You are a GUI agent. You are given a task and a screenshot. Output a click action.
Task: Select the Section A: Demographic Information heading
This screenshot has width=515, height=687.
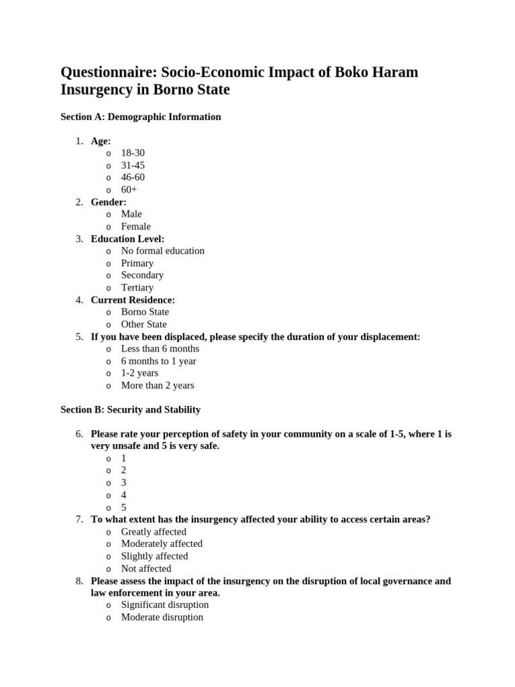[x=140, y=117]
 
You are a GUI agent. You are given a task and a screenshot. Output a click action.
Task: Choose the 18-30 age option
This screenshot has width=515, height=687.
[x=133, y=153]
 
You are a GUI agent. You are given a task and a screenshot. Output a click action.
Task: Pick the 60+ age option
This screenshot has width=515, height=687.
[x=129, y=190]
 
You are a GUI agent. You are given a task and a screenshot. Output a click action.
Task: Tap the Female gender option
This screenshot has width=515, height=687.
[x=135, y=227]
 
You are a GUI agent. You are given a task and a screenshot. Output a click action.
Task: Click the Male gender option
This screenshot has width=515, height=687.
[x=131, y=214]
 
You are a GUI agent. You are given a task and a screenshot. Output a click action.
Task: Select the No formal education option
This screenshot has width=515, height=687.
[x=162, y=251]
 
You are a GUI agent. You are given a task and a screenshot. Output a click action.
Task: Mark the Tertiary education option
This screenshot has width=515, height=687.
[x=137, y=288]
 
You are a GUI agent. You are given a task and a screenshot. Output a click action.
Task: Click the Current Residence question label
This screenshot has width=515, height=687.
[x=133, y=300]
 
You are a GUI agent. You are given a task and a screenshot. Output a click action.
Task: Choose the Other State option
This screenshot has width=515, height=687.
[x=144, y=325]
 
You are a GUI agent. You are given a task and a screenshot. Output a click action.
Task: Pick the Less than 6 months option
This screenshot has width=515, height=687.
[x=160, y=349]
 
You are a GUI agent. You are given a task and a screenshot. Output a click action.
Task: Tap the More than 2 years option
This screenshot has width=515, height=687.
[x=157, y=386]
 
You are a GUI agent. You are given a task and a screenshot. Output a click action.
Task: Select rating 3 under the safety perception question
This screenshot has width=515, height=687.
[x=123, y=483]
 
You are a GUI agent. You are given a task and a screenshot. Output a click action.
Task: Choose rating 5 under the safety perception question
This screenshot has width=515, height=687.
[x=123, y=508]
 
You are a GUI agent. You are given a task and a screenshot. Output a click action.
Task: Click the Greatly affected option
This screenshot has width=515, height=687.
[x=154, y=532]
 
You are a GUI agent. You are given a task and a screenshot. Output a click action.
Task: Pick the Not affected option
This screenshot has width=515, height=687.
[x=146, y=569]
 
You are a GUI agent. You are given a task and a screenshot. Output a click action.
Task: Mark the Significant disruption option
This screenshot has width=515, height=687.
[x=164, y=605]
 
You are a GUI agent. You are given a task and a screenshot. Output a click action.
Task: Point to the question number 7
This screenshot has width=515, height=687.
[x=78, y=520]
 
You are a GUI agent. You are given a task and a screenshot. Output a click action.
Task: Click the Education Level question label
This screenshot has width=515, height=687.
[x=127, y=239]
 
